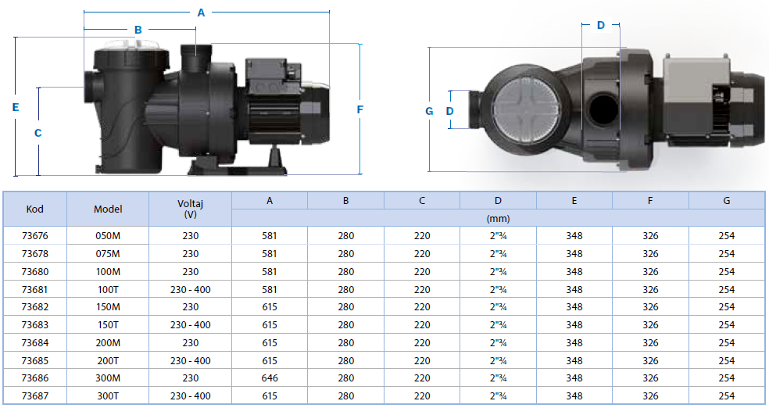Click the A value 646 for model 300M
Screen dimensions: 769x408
(270, 378)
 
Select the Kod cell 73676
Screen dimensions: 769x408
(35, 236)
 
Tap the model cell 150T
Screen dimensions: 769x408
(108, 324)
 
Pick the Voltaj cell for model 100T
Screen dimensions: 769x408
(190, 290)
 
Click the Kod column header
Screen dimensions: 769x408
(35, 209)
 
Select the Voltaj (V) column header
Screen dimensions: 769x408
(190, 209)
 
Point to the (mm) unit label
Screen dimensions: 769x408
(498, 219)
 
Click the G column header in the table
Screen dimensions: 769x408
(726, 201)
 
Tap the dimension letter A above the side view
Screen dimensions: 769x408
(201, 13)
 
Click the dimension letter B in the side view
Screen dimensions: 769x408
(138, 30)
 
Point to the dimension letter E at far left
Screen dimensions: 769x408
(16, 107)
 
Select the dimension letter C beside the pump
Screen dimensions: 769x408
(38, 133)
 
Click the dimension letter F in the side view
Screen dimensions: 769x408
(360, 109)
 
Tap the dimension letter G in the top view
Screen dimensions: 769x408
(429, 111)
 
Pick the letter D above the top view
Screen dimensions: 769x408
(601, 25)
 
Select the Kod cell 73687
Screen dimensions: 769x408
(35, 395)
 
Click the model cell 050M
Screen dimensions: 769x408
(108, 236)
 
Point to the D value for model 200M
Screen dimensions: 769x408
(498, 343)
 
